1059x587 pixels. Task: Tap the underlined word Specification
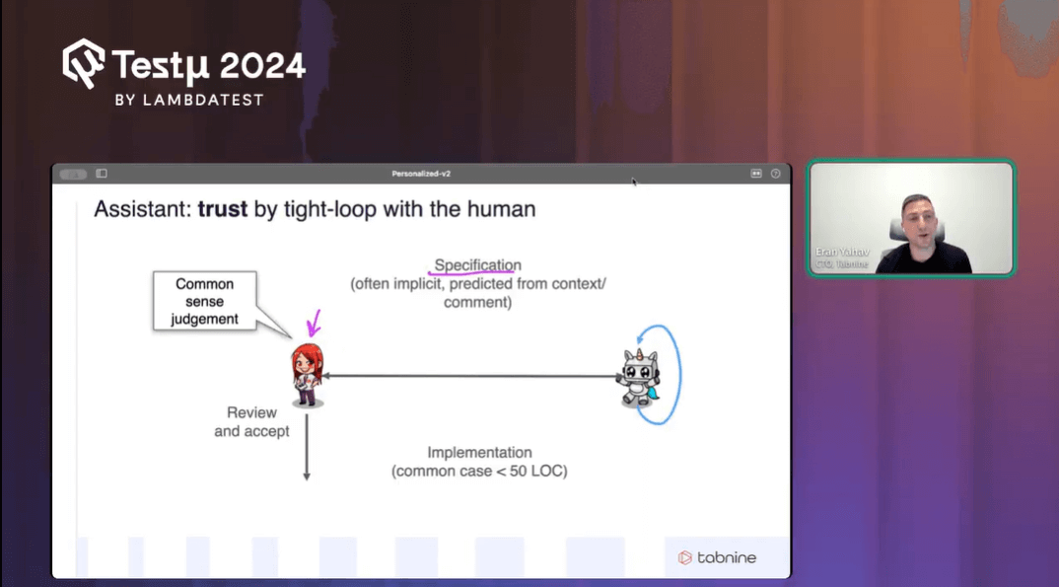coord(477,265)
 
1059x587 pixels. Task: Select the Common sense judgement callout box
coord(205,301)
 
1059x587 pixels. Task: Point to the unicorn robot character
coord(638,377)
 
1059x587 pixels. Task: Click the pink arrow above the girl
coord(315,323)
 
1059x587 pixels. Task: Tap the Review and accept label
coord(251,421)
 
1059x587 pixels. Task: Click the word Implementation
coord(479,453)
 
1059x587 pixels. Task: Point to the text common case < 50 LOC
coord(479,472)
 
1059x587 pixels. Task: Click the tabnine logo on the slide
coord(717,557)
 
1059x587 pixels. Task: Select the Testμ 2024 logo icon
coord(84,64)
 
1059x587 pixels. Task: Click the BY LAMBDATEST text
coord(189,100)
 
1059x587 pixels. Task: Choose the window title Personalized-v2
coord(421,174)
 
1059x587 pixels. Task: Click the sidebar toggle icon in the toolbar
coord(102,174)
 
